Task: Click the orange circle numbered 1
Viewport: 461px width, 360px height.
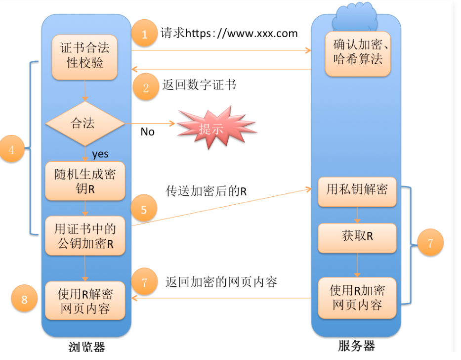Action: click(x=144, y=34)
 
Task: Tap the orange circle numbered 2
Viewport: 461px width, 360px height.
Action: click(x=146, y=88)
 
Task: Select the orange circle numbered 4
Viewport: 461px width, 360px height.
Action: click(x=11, y=149)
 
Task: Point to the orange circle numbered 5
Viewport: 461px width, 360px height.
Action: click(x=144, y=209)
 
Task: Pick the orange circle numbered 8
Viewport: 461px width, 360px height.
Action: click(x=24, y=299)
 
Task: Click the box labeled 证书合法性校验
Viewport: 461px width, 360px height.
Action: click(x=84, y=56)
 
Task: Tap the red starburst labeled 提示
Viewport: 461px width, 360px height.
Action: click(x=211, y=129)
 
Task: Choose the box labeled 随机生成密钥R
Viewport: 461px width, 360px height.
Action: click(x=85, y=180)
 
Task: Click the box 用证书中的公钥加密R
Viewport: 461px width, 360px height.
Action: click(x=85, y=235)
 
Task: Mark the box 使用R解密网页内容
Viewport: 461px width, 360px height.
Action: click(x=85, y=301)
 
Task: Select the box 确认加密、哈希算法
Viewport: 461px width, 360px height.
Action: click(x=358, y=52)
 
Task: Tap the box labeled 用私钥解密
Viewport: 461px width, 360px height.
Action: click(x=357, y=190)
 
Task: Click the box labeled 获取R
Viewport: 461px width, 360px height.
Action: click(x=357, y=236)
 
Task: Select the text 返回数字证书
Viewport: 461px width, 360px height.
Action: click(x=199, y=85)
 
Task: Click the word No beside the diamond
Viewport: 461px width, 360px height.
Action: click(x=147, y=132)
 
